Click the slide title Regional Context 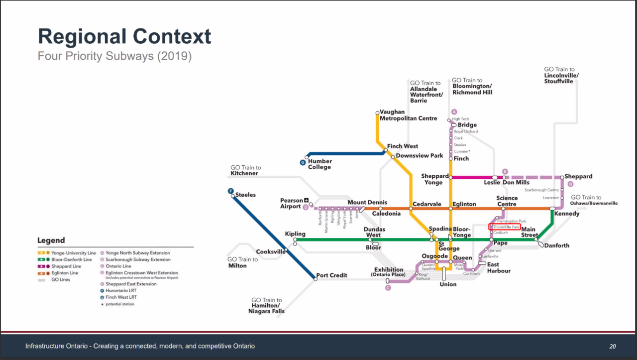124,37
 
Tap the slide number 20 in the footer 613,346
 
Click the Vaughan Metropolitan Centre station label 408,115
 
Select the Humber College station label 319,164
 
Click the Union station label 448,284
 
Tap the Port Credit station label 332,275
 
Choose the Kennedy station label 567,214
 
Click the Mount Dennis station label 367,202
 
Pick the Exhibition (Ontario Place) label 389,272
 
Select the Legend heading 51,240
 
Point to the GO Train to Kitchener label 245,170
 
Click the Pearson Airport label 292,203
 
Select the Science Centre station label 507,201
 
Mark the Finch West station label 403,146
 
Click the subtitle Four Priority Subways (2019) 114,56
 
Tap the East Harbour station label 499,267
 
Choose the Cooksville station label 271,251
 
